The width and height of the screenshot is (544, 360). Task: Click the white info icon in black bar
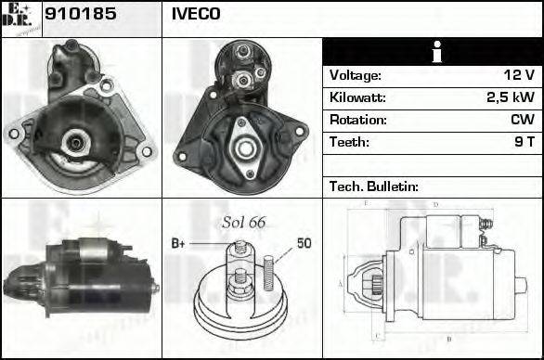pyautogui.click(x=432, y=52)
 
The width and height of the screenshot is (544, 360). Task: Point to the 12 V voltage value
pyautogui.click(x=518, y=75)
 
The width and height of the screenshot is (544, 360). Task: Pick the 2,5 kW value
pyautogui.click(x=512, y=97)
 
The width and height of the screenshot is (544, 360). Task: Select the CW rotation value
pyautogui.click(x=521, y=120)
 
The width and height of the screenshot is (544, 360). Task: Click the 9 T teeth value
pyautogui.click(x=524, y=142)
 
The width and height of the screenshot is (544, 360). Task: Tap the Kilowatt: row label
pyautogui.click(x=357, y=97)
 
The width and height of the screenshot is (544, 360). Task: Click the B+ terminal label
pyautogui.click(x=179, y=244)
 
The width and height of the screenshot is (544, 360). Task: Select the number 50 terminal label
pyautogui.click(x=304, y=244)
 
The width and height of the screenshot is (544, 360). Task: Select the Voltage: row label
pyautogui.click(x=355, y=75)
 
